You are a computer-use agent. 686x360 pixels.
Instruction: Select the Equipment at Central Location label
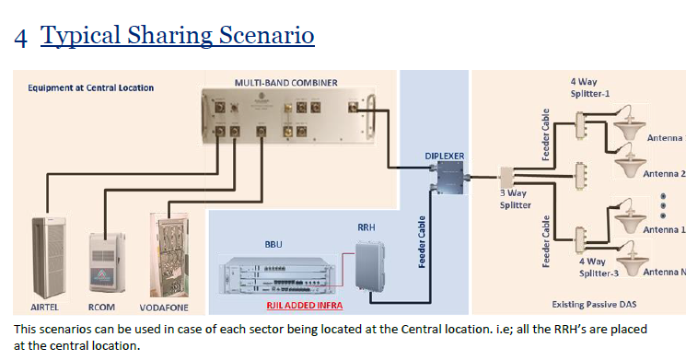pos(90,88)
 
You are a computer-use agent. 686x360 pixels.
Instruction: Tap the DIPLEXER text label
pos(444,157)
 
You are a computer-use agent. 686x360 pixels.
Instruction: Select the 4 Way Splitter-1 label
pos(590,87)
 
